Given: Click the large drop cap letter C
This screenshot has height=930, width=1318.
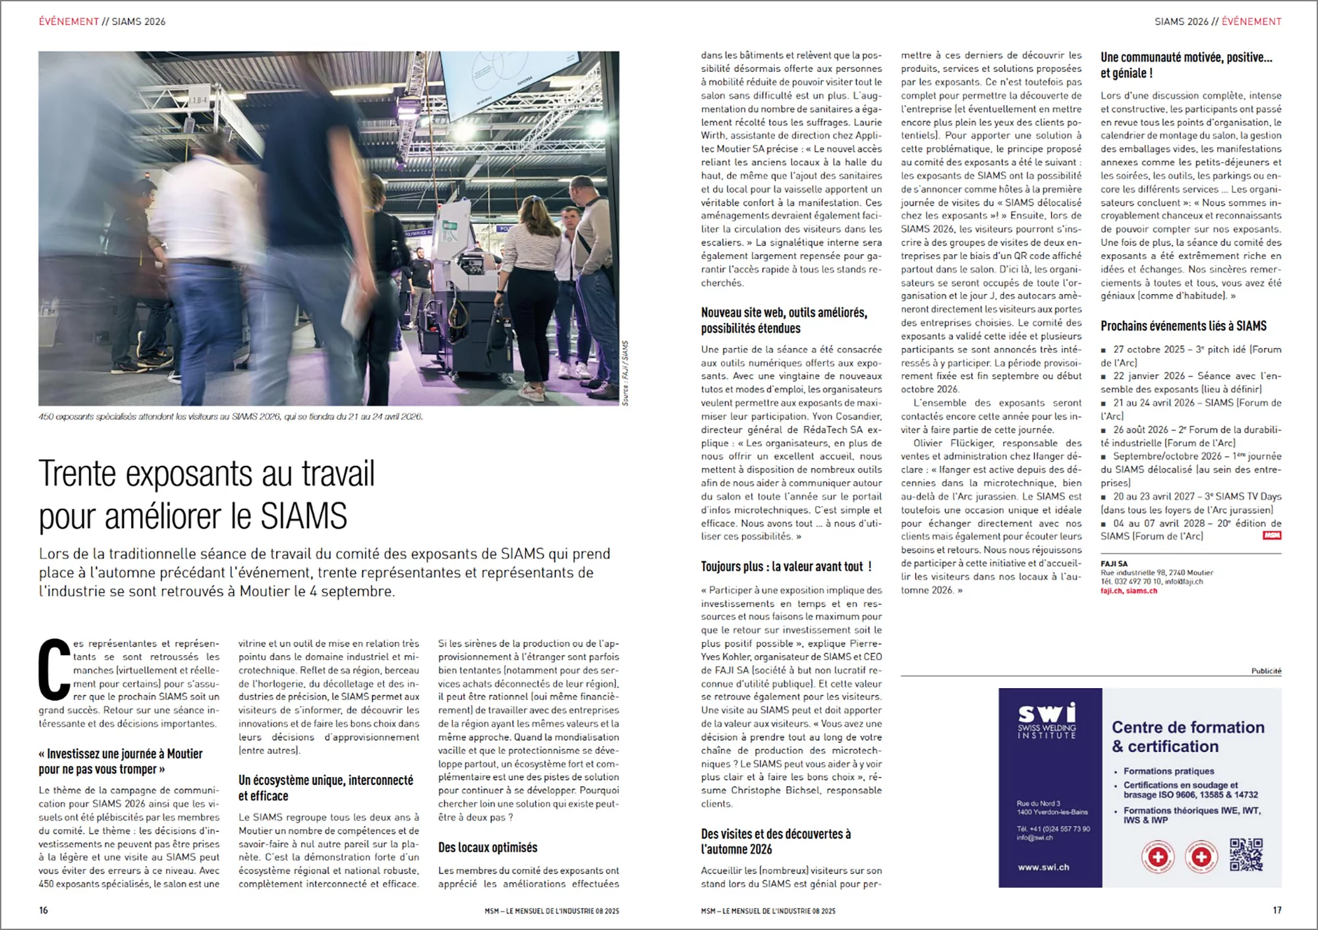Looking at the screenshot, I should tap(54, 669).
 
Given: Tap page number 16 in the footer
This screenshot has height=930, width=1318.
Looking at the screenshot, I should tap(43, 910).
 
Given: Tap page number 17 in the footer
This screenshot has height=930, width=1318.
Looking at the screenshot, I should tap(1276, 910).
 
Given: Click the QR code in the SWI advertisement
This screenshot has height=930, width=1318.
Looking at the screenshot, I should tap(1246, 855).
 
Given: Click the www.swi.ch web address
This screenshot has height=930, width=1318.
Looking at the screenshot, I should tap(1043, 867).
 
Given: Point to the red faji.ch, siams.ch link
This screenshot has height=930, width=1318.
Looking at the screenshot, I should tap(1128, 591).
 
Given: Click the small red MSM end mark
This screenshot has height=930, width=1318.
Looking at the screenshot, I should tap(1272, 536).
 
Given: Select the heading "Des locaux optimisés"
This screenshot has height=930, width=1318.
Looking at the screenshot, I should tap(488, 848).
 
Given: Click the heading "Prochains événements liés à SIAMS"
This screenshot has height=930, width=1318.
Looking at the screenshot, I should tap(1183, 326).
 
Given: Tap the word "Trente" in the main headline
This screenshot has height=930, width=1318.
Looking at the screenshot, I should tap(77, 474).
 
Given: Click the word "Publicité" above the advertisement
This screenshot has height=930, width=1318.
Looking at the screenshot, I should tap(1266, 671).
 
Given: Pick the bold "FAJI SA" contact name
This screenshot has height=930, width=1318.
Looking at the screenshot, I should tap(1114, 564).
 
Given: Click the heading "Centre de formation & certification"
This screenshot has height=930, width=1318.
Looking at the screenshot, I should tap(1188, 736).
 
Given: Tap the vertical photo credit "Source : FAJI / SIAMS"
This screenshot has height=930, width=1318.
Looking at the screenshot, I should tap(625, 373).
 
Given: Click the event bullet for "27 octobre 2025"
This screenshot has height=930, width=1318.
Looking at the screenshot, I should tap(1104, 350).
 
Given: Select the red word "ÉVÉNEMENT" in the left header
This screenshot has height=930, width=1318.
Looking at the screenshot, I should tap(69, 22).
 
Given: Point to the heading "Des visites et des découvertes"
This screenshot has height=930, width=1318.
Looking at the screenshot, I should tap(776, 842).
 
